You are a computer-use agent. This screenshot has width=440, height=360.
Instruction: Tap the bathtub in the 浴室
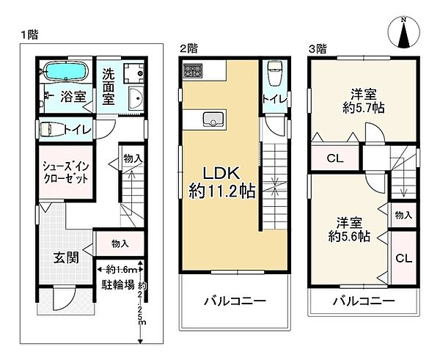click(x=65, y=73)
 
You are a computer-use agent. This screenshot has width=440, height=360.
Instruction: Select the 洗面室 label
click(x=107, y=86)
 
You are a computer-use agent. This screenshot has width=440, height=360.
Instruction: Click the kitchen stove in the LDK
click(x=194, y=72)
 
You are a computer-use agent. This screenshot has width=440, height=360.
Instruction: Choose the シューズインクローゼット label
click(x=65, y=173)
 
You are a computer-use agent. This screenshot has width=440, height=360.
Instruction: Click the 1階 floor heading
click(x=29, y=34)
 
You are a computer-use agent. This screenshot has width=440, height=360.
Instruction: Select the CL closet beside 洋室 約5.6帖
click(x=403, y=258)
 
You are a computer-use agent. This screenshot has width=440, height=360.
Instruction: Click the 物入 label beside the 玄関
click(x=120, y=243)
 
